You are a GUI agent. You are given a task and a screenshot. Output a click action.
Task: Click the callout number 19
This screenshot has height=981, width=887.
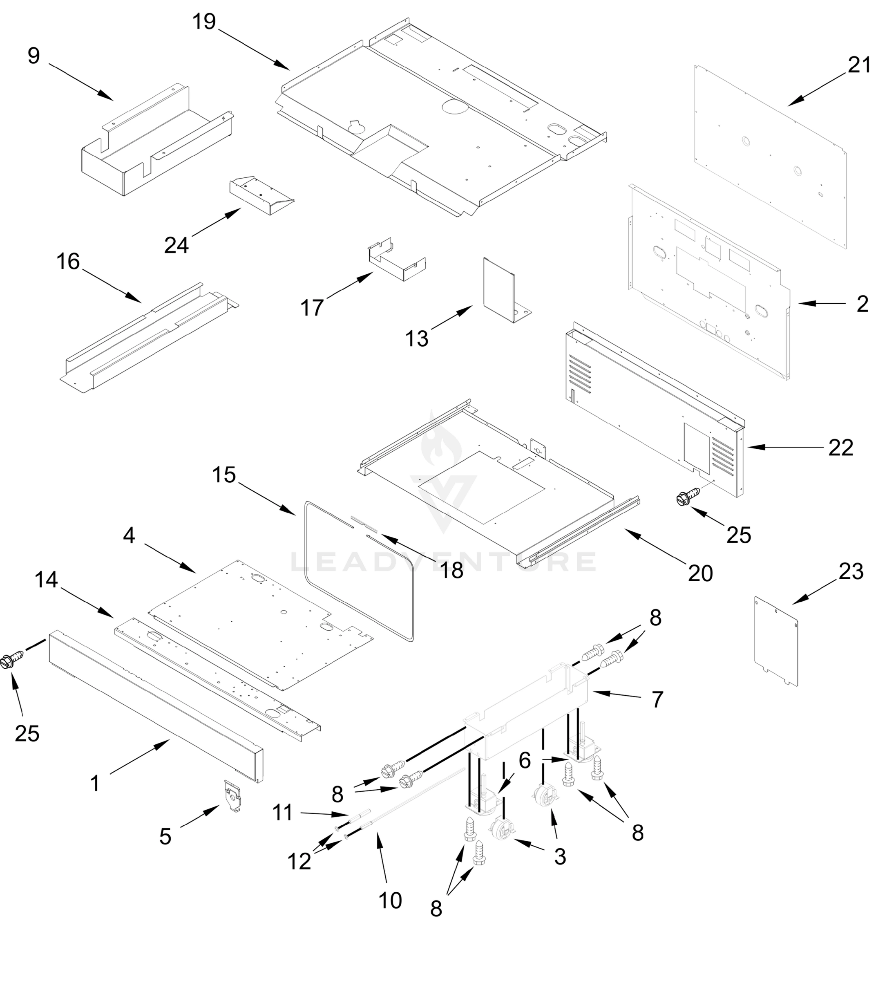(x=204, y=22)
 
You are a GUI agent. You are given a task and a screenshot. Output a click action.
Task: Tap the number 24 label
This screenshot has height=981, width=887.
(x=176, y=245)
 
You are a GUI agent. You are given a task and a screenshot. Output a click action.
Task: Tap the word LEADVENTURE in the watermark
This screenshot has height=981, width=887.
(x=442, y=562)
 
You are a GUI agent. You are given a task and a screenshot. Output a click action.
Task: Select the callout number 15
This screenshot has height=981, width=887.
(x=224, y=475)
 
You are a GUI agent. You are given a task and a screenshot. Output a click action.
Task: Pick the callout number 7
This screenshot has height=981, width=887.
(x=657, y=700)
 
